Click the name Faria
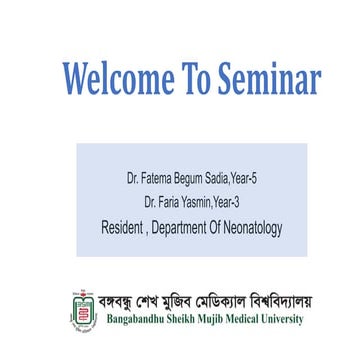point(166,203)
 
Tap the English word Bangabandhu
point(138,321)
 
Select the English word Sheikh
point(197,321)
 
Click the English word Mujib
point(236,321)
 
